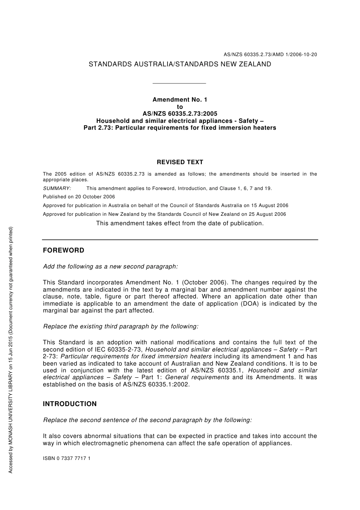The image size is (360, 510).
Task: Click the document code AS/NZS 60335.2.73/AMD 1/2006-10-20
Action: click(x=270, y=55)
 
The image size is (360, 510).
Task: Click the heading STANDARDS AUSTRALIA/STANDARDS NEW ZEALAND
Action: click(x=180, y=64)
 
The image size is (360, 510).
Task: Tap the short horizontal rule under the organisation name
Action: click(x=179, y=83)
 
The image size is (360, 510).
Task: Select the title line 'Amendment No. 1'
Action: click(x=180, y=100)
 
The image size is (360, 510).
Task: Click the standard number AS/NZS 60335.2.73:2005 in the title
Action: click(x=180, y=114)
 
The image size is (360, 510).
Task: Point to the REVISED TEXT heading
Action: click(x=180, y=162)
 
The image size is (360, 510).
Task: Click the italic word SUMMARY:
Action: click(x=57, y=188)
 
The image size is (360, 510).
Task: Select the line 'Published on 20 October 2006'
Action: click(x=79, y=197)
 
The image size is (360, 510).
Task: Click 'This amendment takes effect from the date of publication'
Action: click(x=180, y=223)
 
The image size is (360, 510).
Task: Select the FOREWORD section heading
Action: click(x=63, y=251)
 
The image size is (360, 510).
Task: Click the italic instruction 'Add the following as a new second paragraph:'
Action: click(x=110, y=267)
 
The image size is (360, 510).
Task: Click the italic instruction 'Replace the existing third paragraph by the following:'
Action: click(x=121, y=326)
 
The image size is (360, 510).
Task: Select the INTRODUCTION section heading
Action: click(x=70, y=404)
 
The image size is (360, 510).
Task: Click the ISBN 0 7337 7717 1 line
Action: click(x=67, y=458)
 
